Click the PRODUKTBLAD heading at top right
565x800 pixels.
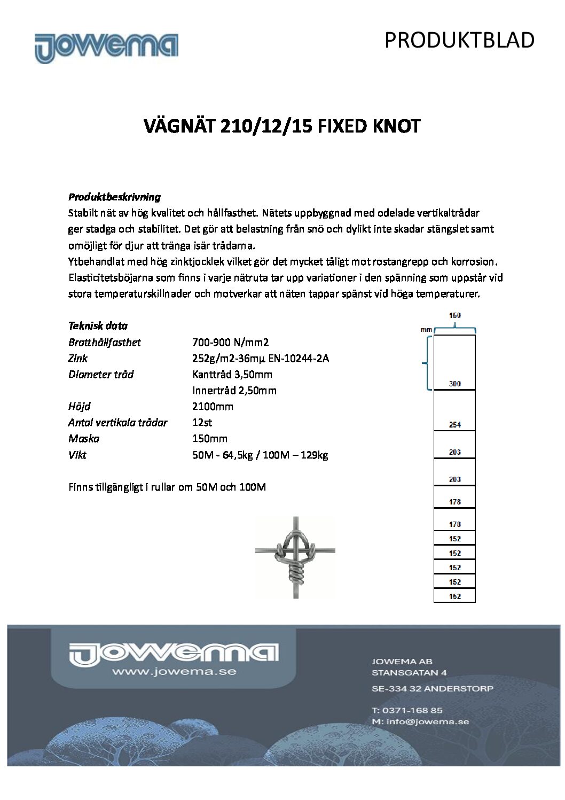(x=459, y=40)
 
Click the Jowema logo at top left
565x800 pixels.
(x=106, y=48)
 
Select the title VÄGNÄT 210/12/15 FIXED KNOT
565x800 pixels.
(x=282, y=127)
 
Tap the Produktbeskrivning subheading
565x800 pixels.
(x=114, y=197)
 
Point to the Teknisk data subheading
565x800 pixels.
(x=98, y=325)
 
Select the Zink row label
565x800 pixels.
(x=78, y=358)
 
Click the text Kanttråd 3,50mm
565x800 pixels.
(x=232, y=374)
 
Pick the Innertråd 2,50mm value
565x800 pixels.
(x=234, y=390)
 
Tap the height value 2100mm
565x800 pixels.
(x=213, y=406)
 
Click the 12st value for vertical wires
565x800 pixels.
(x=202, y=422)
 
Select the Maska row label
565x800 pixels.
(x=84, y=438)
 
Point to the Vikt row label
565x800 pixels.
(x=77, y=455)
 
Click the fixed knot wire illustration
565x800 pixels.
(x=295, y=557)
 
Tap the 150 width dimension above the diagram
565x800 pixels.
(x=454, y=315)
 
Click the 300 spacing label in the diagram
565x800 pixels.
(x=454, y=384)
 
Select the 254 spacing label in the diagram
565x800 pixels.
(x=454, y=425)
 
